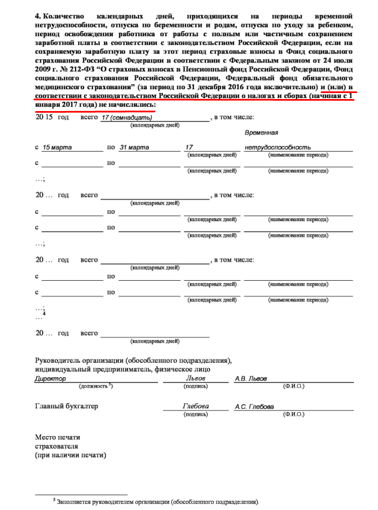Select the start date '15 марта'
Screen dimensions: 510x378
click(57, 148)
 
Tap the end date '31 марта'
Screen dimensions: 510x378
click(134, 148)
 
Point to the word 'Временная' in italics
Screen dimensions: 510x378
click(261, 133)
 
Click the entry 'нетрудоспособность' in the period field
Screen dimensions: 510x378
click(278, 148)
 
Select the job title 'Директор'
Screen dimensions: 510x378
click(50, 379)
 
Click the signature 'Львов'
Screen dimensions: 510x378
click(195, 378)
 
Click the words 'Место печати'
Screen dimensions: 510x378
click(57, 437)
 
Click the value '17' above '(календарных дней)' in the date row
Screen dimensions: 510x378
click(190, 148)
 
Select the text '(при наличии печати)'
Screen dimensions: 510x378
click(71, 455)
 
